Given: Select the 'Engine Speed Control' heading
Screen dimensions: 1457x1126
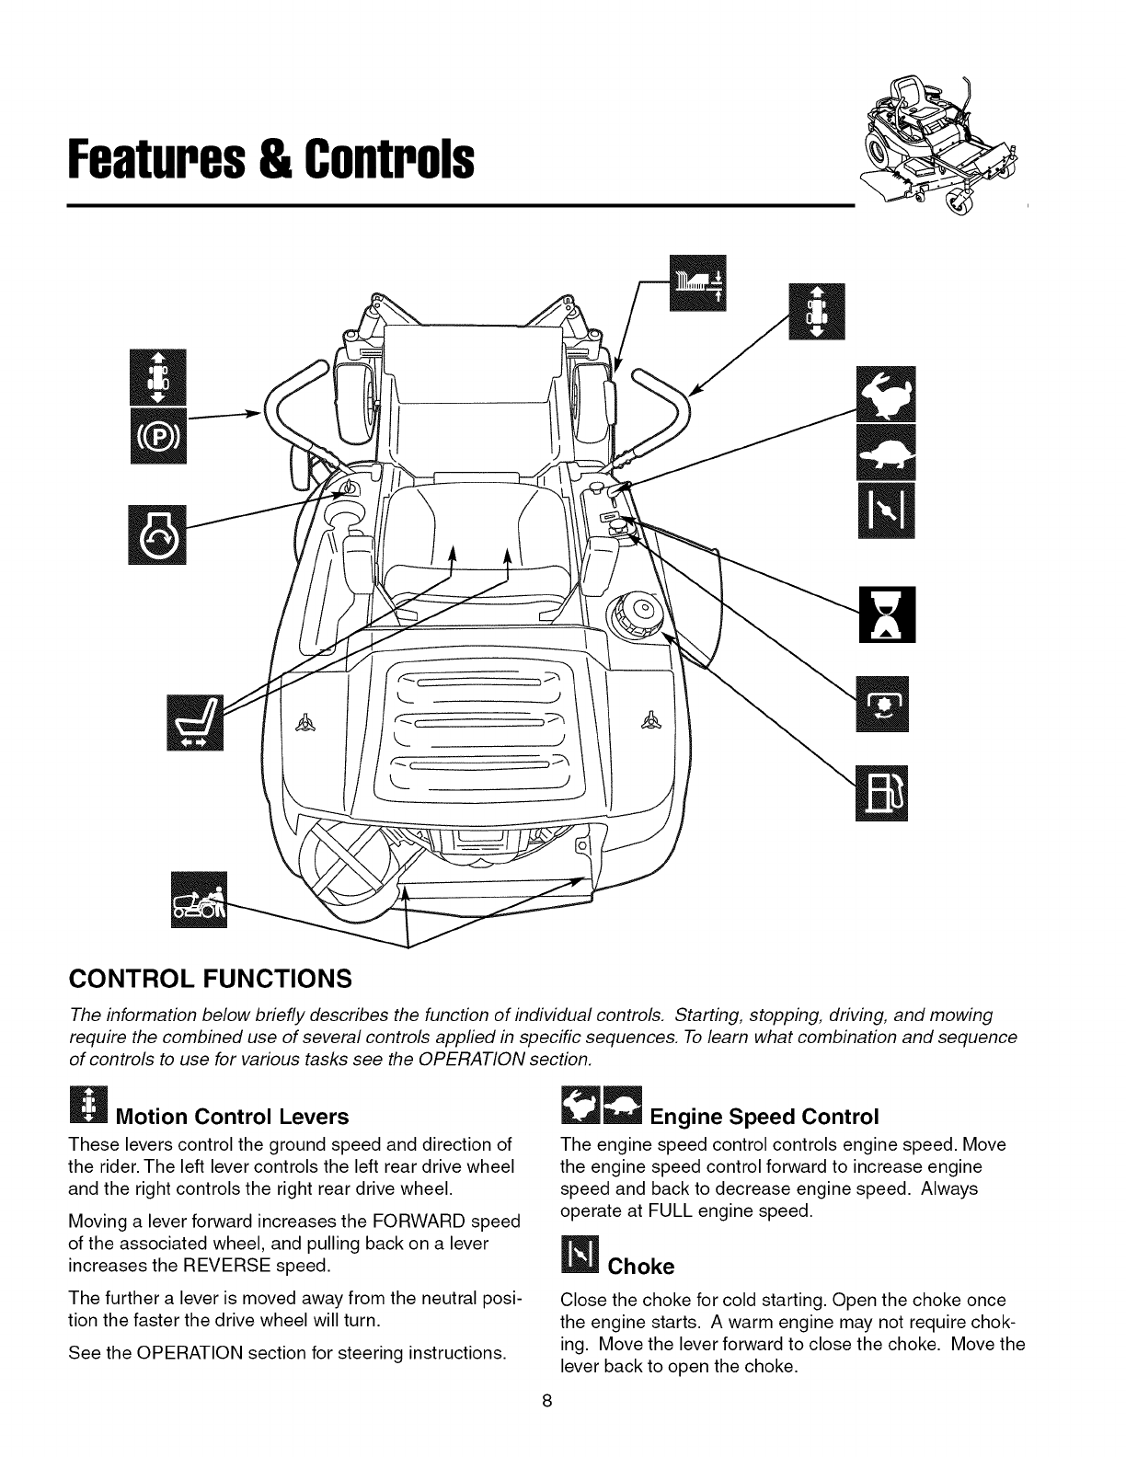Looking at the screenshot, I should point(764,1118).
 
